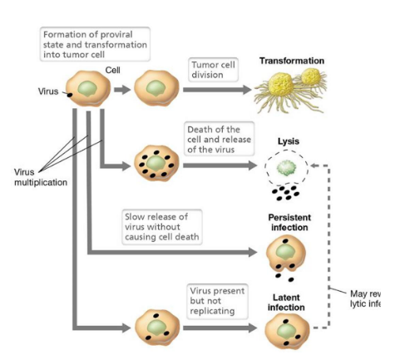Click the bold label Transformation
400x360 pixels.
292,61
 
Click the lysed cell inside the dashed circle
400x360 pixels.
285,170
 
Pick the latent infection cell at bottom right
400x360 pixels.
285,332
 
